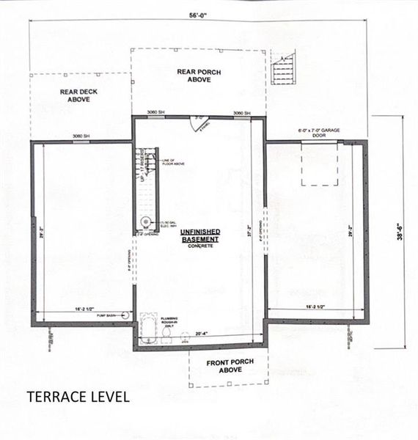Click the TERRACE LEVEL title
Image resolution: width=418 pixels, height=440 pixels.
pos(78,397)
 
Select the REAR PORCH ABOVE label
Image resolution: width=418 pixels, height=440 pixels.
pos(194,76)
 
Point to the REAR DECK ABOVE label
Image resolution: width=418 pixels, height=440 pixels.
pos(74,96)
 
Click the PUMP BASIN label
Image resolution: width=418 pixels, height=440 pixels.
pos(110,314)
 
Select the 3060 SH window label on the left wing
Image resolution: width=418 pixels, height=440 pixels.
pos(81,136)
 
